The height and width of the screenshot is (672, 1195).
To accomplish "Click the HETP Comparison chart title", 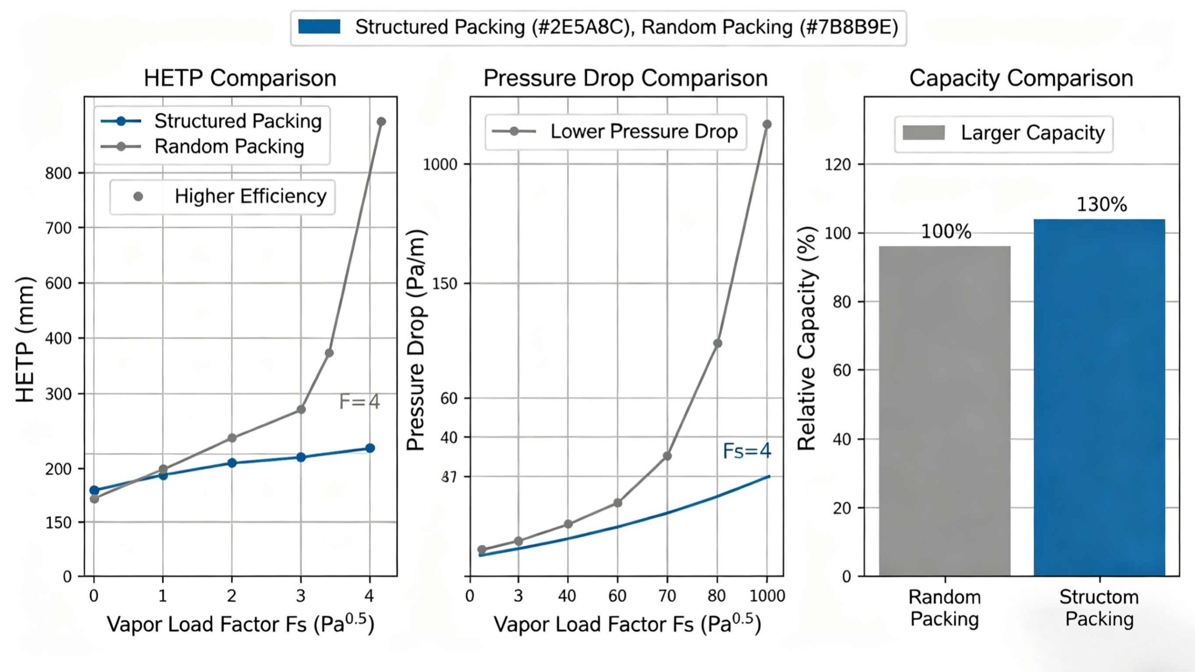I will click(240, 78).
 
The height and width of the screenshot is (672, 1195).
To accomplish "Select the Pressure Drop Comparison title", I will click(625, 78).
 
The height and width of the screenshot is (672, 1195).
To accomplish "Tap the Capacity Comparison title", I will click(1021, 78).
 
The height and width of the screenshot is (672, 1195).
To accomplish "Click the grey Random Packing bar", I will click(944, 411).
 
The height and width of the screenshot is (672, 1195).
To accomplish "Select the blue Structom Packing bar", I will click(1099, 397).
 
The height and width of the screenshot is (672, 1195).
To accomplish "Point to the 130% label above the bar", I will click(1102, 204).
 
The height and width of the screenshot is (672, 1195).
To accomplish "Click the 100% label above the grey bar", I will click(946, 231).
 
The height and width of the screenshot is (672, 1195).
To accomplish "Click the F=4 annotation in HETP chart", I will click(359, 401).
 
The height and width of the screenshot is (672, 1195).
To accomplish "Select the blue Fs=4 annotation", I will click(746, 451).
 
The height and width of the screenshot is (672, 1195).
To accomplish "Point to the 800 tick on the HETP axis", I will click(58, 174).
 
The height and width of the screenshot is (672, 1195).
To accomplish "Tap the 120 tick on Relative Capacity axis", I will click(837, 164).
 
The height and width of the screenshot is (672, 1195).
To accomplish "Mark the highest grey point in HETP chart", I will click(381, 122).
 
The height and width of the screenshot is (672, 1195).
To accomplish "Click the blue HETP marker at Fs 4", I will click(370, 448).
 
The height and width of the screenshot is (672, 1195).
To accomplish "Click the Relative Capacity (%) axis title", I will click(806, 339).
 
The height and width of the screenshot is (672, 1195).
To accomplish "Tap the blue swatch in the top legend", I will click(319, 27).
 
